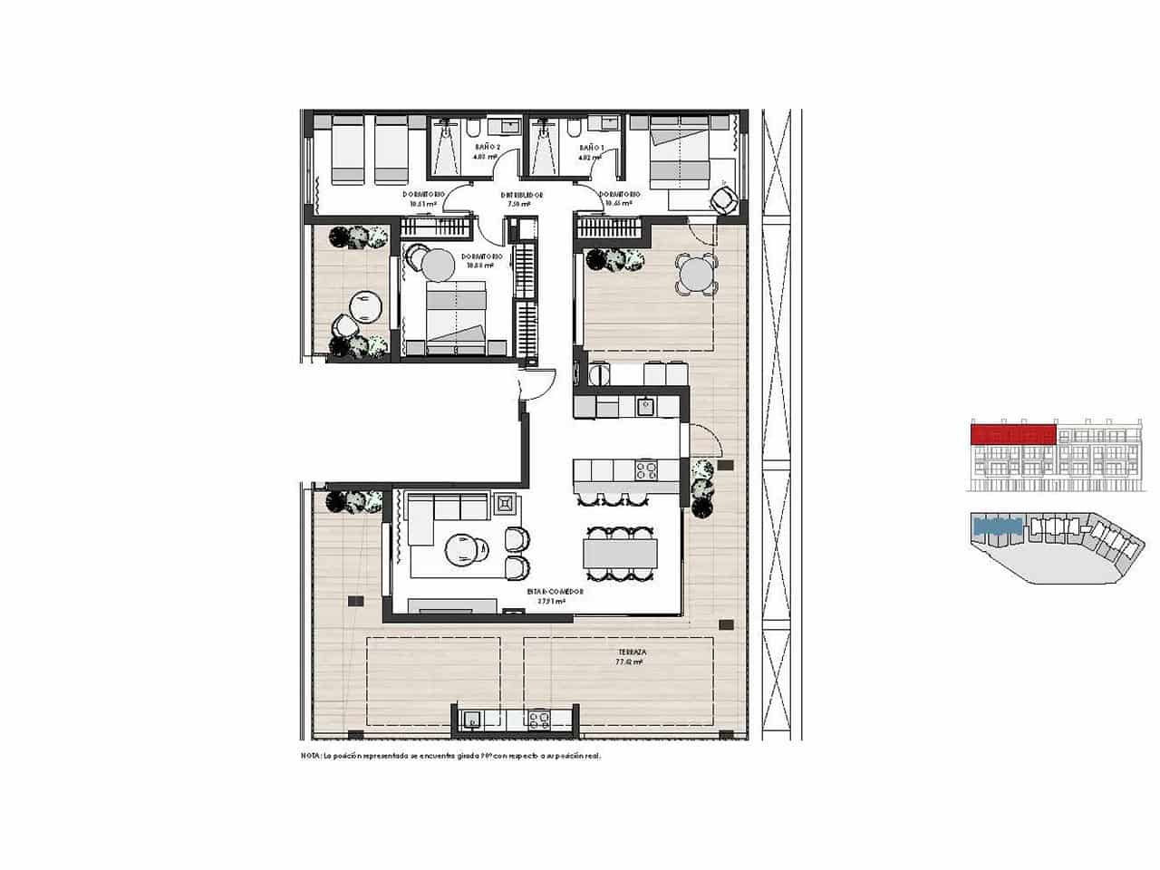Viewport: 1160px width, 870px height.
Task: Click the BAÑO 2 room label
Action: [x=487, y=146]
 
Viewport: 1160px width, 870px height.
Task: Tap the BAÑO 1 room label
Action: [x=591, y=146]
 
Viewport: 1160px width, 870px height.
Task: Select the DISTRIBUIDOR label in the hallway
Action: [x=522, y=195]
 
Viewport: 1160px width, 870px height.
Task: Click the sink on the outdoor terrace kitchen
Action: [x=471, y=720]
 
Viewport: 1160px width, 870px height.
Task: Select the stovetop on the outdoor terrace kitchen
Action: [x=540, y=720]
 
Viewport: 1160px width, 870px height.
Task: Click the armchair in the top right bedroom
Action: [x=724, y=200]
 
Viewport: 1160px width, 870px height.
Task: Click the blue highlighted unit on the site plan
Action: [x=997, y=525]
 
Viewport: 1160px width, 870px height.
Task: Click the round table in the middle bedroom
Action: [x=438, y=265]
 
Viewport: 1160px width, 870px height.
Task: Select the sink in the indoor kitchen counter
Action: [x=645, y=405]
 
